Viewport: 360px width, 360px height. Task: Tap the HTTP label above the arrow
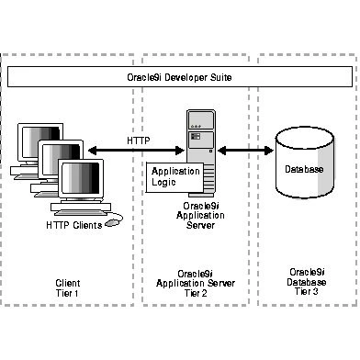click(x=140, y=141)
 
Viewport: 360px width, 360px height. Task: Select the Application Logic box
click(x=169, y=177)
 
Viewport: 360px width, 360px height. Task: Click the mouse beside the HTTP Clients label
click(x=114, y=221)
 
